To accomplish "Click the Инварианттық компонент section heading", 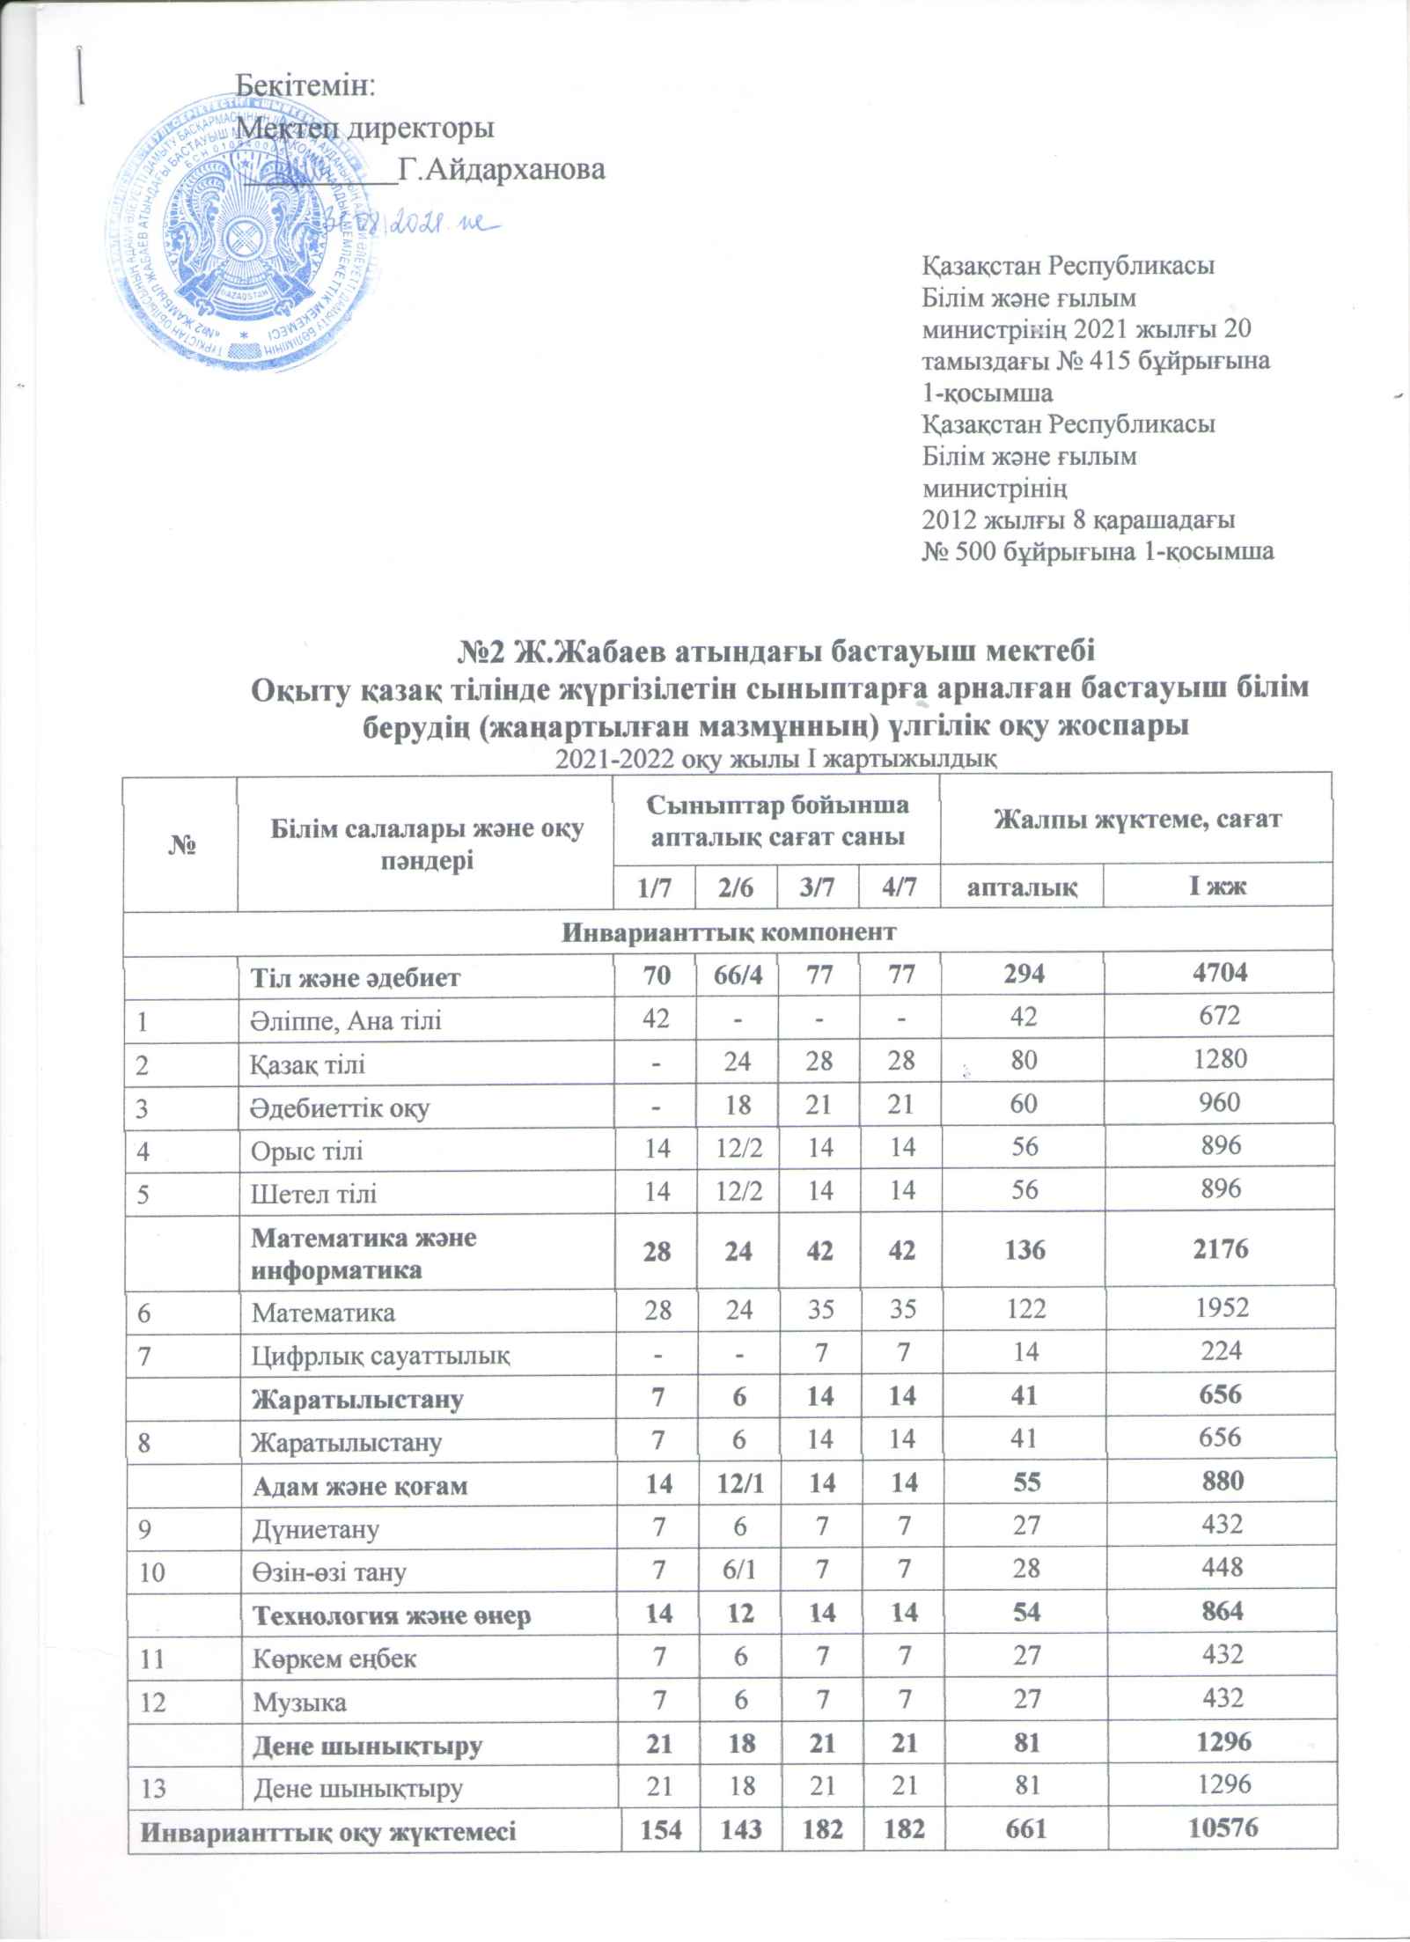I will [x=729, y=931].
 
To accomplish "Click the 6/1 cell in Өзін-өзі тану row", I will [x=738, y=1568].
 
